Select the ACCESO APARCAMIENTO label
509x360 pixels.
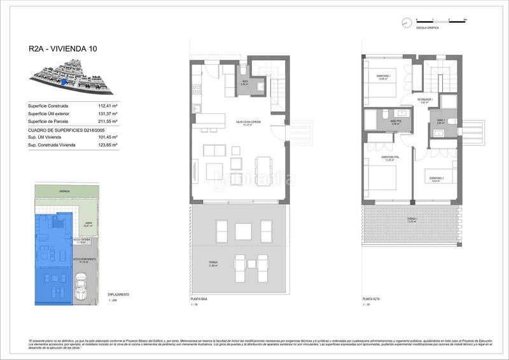click(85, 261)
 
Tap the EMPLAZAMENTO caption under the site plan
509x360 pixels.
click(119, 294)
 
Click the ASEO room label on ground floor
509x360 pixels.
click(244, 83)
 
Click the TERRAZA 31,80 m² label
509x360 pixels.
click(213, 264)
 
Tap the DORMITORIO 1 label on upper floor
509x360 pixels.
click(383, 78)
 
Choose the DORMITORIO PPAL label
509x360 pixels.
click(391, 158)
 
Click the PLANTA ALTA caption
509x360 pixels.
click(372, 298)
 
